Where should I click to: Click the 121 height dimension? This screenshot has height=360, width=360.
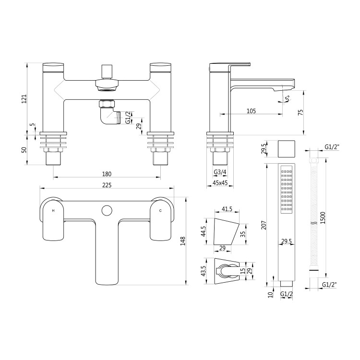[x=24, y=99]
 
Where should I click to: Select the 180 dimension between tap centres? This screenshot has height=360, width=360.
[x=107, y=174]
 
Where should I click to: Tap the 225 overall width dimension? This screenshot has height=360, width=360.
[x=107, y=185]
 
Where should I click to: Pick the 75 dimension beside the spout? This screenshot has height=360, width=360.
[x=300, y=112]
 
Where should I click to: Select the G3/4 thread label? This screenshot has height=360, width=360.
[x=220, y=172]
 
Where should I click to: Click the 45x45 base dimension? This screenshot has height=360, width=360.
[x=220, y=183]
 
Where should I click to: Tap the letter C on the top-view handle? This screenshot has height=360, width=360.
[x=160, y=211]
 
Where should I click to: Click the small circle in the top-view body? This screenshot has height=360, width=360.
[x=107, y=210]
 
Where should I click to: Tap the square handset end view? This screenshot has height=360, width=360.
[x=287, y=148]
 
